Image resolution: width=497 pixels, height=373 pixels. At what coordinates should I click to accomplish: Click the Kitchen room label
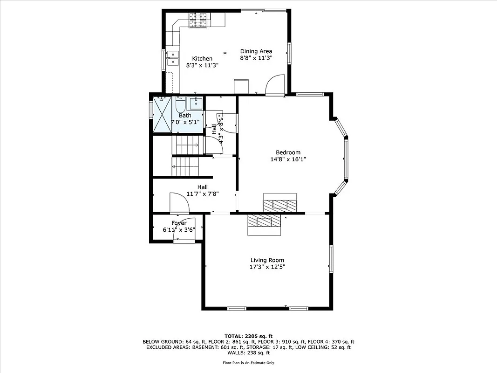pyautogui.click(x=202, y=59)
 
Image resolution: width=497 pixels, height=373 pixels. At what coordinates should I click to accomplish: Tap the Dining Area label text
pyautogui.click(x=256, y=51)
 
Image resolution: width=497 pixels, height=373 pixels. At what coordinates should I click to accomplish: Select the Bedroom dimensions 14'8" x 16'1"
pyautogui.click(x=288, y=159)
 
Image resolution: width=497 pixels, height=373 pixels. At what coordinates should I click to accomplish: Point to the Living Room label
pyautogui.click(x=267, y=260)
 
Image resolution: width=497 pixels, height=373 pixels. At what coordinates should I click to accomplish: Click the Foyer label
pyautogui.click(x=179, y=223)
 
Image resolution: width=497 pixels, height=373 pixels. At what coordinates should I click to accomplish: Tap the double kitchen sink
pyautogui.click(x=173, y=58)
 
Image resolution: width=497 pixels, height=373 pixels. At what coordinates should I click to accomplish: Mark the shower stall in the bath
pyautogui.click(x=162, y=114)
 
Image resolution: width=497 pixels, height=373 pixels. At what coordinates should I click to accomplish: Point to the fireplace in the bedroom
pyautogui.click(x=279, y=202)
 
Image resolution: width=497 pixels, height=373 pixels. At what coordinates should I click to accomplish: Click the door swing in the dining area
pyautogui.click(x=275, y=84)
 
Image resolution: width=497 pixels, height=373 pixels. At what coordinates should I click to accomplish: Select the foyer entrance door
pyautogui.click(x=184, y=232)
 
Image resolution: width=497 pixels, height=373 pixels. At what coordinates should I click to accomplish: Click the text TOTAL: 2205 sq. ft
pyautogui.click(x=248, y=336)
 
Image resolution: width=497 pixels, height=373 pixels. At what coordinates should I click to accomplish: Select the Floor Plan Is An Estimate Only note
pyautogui.click(x=248, y=363)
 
